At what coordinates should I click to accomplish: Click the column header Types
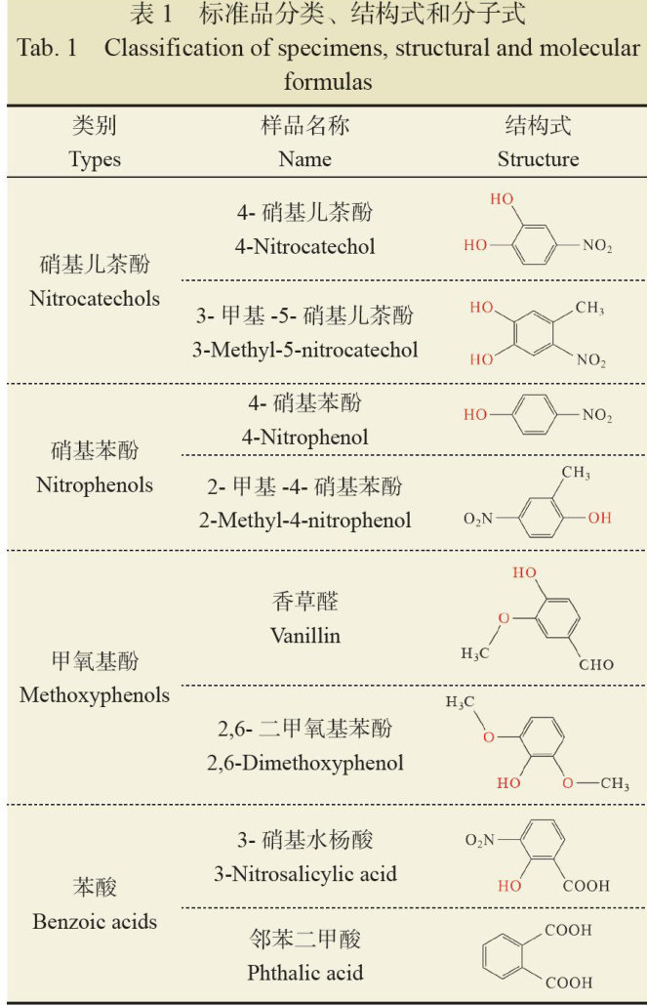tap(95, 159)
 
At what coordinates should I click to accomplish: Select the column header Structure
tap(538, 159)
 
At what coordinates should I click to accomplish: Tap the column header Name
tap(304, 159)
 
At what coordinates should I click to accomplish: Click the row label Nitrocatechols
tap(94, 298)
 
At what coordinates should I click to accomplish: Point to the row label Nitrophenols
tap(95, 483)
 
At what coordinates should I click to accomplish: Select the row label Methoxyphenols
tap(94, 695)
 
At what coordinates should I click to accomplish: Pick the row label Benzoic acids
tap(94, 921)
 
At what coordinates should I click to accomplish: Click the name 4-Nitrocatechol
tap(304, 246)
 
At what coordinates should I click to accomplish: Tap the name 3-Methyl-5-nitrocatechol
tap(304, 349)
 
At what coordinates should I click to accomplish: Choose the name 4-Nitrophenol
tap(304, 437)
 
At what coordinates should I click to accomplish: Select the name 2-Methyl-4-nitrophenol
tap(304, 520)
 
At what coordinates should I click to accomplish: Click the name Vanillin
tap(304, 635)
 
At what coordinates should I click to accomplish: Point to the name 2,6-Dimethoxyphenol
tap(304, 762)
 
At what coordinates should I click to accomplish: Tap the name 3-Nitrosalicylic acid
tap(304, 873)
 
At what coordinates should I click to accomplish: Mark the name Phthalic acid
tap(304, 972)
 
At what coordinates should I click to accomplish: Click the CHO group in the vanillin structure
tap(595, 665)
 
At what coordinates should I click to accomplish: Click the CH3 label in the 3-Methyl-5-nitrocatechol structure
tap(588, 309)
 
